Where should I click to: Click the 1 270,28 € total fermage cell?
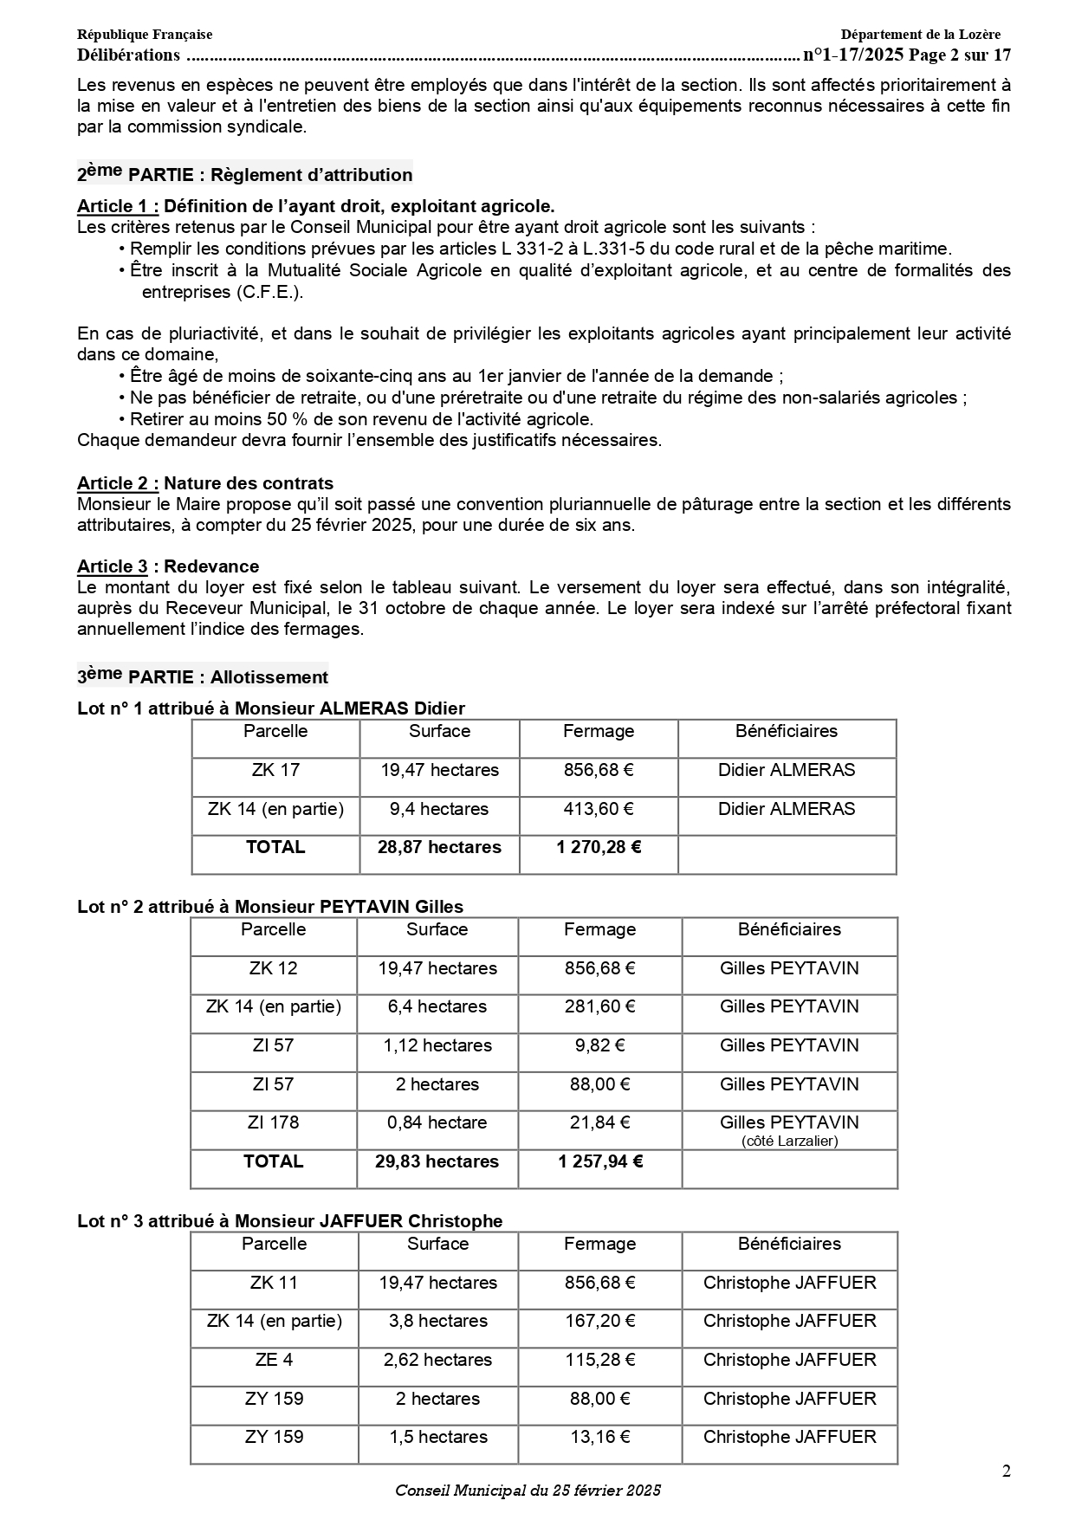tap(599, 847)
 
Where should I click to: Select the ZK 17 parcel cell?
tap(275, 770)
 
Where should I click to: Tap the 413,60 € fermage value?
tap(599, 809)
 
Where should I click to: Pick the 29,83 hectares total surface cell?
tap(437, 1161)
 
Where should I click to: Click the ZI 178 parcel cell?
tap(273, 1122)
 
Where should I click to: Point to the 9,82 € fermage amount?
tap(599, 1045)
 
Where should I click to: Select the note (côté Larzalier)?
tap(789, 1141)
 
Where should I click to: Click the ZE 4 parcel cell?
tap(274, 1360)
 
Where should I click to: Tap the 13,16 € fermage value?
tap(599, 1437)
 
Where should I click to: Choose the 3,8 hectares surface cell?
tap(437, 1321)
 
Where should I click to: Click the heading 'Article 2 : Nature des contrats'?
tap(205, 483)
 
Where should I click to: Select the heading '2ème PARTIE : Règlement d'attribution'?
tap(245, 174)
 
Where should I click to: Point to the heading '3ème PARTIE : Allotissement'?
tap(203, 676)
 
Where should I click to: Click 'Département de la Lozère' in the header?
tap(920, 35)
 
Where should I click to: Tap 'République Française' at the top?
tap(145, 35)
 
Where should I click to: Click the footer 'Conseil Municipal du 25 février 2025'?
tap(528, 1491)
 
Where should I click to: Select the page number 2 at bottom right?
tap(1006, 1471)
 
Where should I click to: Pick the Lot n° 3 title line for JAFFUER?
tap(290, 1221)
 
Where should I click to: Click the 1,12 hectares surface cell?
tap(437, 1045)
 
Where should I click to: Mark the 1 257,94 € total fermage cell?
tap(599, 1161)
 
